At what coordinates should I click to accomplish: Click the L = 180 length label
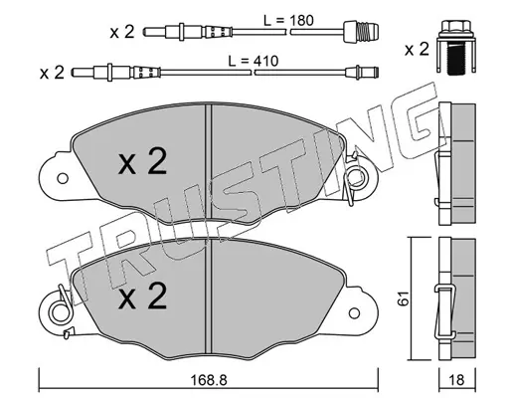(x=288, y=21)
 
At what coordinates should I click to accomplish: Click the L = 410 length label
(x=254, y=61)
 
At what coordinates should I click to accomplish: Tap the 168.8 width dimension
(x=209, y=380)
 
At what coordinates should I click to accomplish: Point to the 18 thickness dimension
(x=457, y=380)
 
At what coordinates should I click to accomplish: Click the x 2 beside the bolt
(x=417, y=50)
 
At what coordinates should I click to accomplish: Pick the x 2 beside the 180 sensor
(x=122, y=32)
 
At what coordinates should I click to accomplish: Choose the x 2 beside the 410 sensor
(x=52, y=73)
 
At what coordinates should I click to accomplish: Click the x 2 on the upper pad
(x=142, y=161)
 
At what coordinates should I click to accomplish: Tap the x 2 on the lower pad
(x=142, y=297)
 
